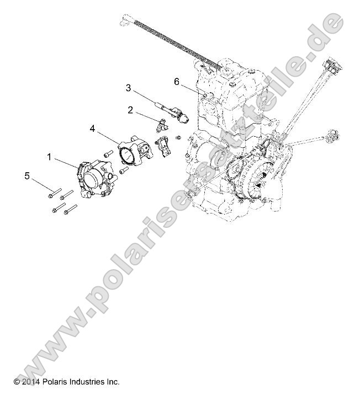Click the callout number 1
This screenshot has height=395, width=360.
[49, 157]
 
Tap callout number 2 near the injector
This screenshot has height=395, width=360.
[130, 110]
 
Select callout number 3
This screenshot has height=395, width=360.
[128, 87]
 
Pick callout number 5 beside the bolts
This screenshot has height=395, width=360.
[27, 176]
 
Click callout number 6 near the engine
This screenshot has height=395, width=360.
[177, 82]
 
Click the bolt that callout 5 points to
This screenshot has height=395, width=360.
[54, 193]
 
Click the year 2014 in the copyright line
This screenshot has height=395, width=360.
[31, 381]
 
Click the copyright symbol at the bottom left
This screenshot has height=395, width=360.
[17, 381]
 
